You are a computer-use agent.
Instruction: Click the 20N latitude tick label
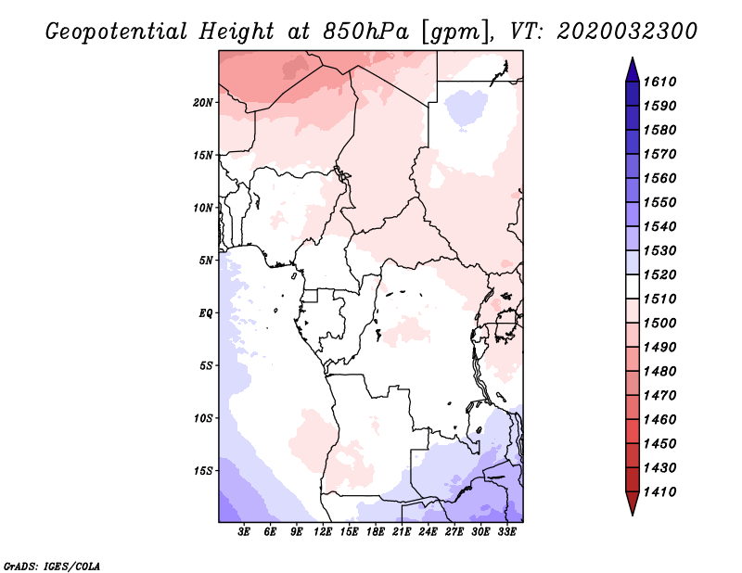click(x=202, y=102)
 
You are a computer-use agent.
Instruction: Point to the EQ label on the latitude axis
click(x=206, y=312)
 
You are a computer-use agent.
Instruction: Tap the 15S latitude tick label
click(x=202, y=471)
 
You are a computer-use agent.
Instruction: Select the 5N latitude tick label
click(x=205, y=261)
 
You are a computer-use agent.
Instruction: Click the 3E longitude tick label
click(x=244, y=532)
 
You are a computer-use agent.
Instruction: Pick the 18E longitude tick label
click(x=376, y=532)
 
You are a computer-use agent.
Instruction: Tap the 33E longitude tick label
click(x=506, y=532)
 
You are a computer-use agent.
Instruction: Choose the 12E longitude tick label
click(x=323, y=532)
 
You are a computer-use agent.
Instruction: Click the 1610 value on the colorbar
click(x=659, y=82)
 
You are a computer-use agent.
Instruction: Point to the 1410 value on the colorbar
click(x=659, y=492)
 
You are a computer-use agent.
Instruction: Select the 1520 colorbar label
click(x=659, y=274)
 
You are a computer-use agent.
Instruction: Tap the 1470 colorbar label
click(x=659, y=396)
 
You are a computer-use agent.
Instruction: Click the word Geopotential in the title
click(x=117, y=32)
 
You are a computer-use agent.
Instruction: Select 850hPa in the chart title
click(x=365, y=32)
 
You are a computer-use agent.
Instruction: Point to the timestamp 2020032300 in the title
click(x=627, y=32)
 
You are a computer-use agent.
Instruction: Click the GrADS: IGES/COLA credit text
click(x=52, y=567)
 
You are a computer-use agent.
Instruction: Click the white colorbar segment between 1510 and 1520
click(x=633, y=286)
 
